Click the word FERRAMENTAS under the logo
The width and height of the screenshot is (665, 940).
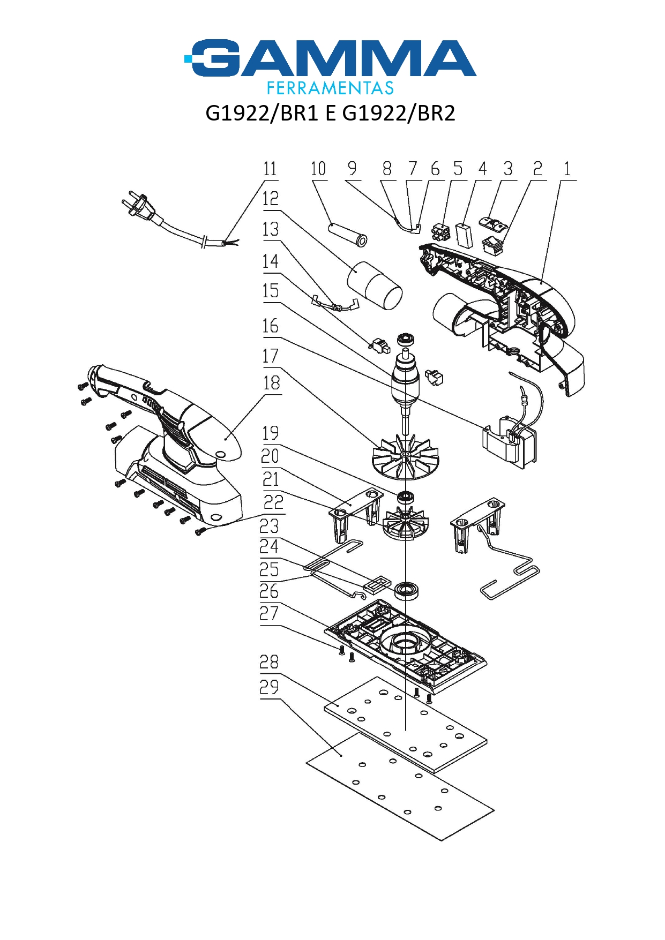pos(330,88)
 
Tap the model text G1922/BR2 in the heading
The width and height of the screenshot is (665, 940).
pos(399,113)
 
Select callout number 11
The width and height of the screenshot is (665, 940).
pos(270,169)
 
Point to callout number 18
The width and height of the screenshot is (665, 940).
pos(272,383)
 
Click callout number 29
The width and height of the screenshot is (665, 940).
pos(269,687)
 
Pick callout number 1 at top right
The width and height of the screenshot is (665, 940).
pos(567,169)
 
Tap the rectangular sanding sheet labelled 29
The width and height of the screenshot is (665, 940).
pos(400,787)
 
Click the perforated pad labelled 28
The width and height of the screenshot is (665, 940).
pos(406,723)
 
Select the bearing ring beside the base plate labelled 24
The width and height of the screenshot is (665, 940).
pos(407,591)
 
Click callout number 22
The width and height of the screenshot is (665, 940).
pos(273,502)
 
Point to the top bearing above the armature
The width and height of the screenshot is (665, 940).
pos(406,339)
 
